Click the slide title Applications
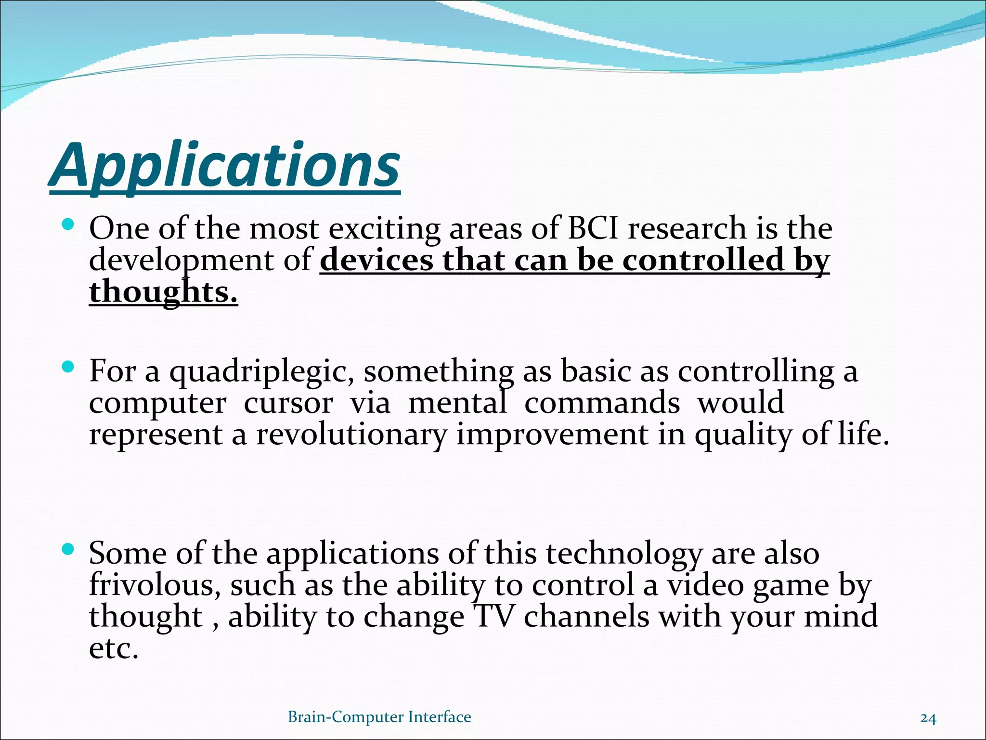tap(224, 166)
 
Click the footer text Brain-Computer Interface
tap(379, 717)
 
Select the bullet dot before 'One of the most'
tap(68, 224)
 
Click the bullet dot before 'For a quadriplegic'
tap(68, 367)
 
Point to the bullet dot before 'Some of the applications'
tap(68, 548)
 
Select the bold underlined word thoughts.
tap(164, 292)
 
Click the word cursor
tap(288, 404)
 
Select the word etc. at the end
tap(114, 648)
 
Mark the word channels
tap(586, 617)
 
